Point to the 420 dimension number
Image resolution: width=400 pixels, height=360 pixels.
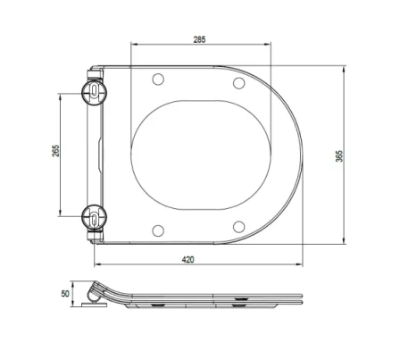[x=188, y=258]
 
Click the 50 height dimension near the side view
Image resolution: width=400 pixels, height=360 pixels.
[x=65, y=292]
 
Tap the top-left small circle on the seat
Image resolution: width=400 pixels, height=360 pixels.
[x=159, y=79]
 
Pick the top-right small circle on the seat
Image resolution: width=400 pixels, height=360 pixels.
[x=238, y=82]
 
